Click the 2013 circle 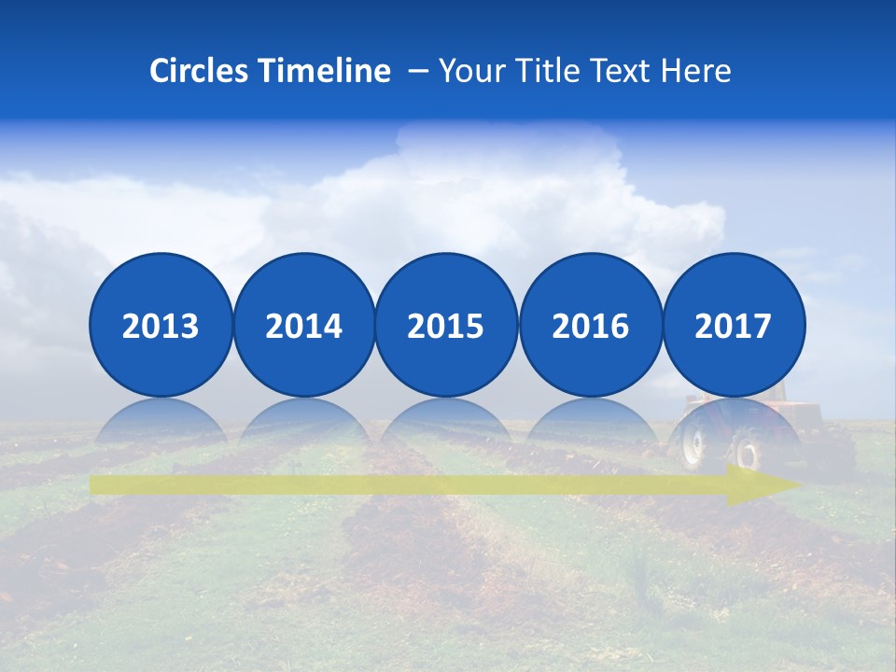[x=161, y=325]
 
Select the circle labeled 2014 [x=303, y=325]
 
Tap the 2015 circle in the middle [x=446, y=325]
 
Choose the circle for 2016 [x=590, y=325]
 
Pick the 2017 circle [x=733, y=325]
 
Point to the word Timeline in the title [x=326, y=71]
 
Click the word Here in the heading [x=696, y=71]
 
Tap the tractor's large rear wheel [x=693, y=443]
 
